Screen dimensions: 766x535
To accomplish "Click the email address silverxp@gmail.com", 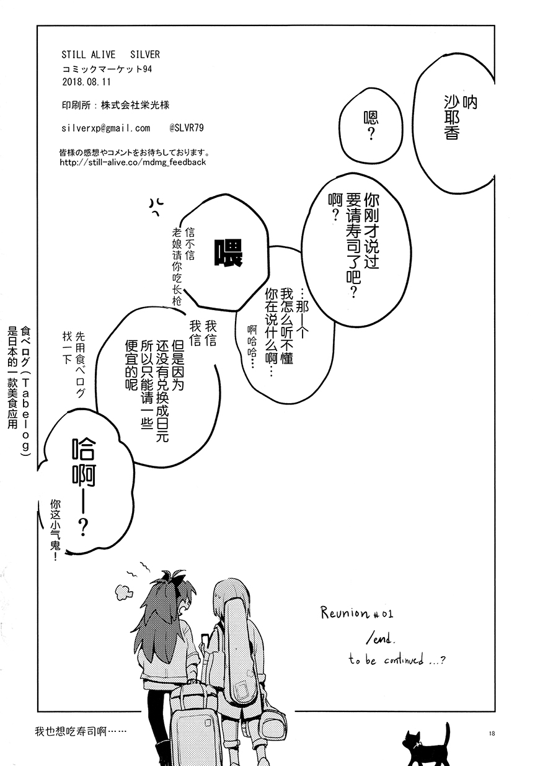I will click(x=106, y=128).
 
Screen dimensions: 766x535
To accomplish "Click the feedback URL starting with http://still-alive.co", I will click(x=133, y=163).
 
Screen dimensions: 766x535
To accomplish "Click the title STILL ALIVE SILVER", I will click(x=110, y=55).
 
